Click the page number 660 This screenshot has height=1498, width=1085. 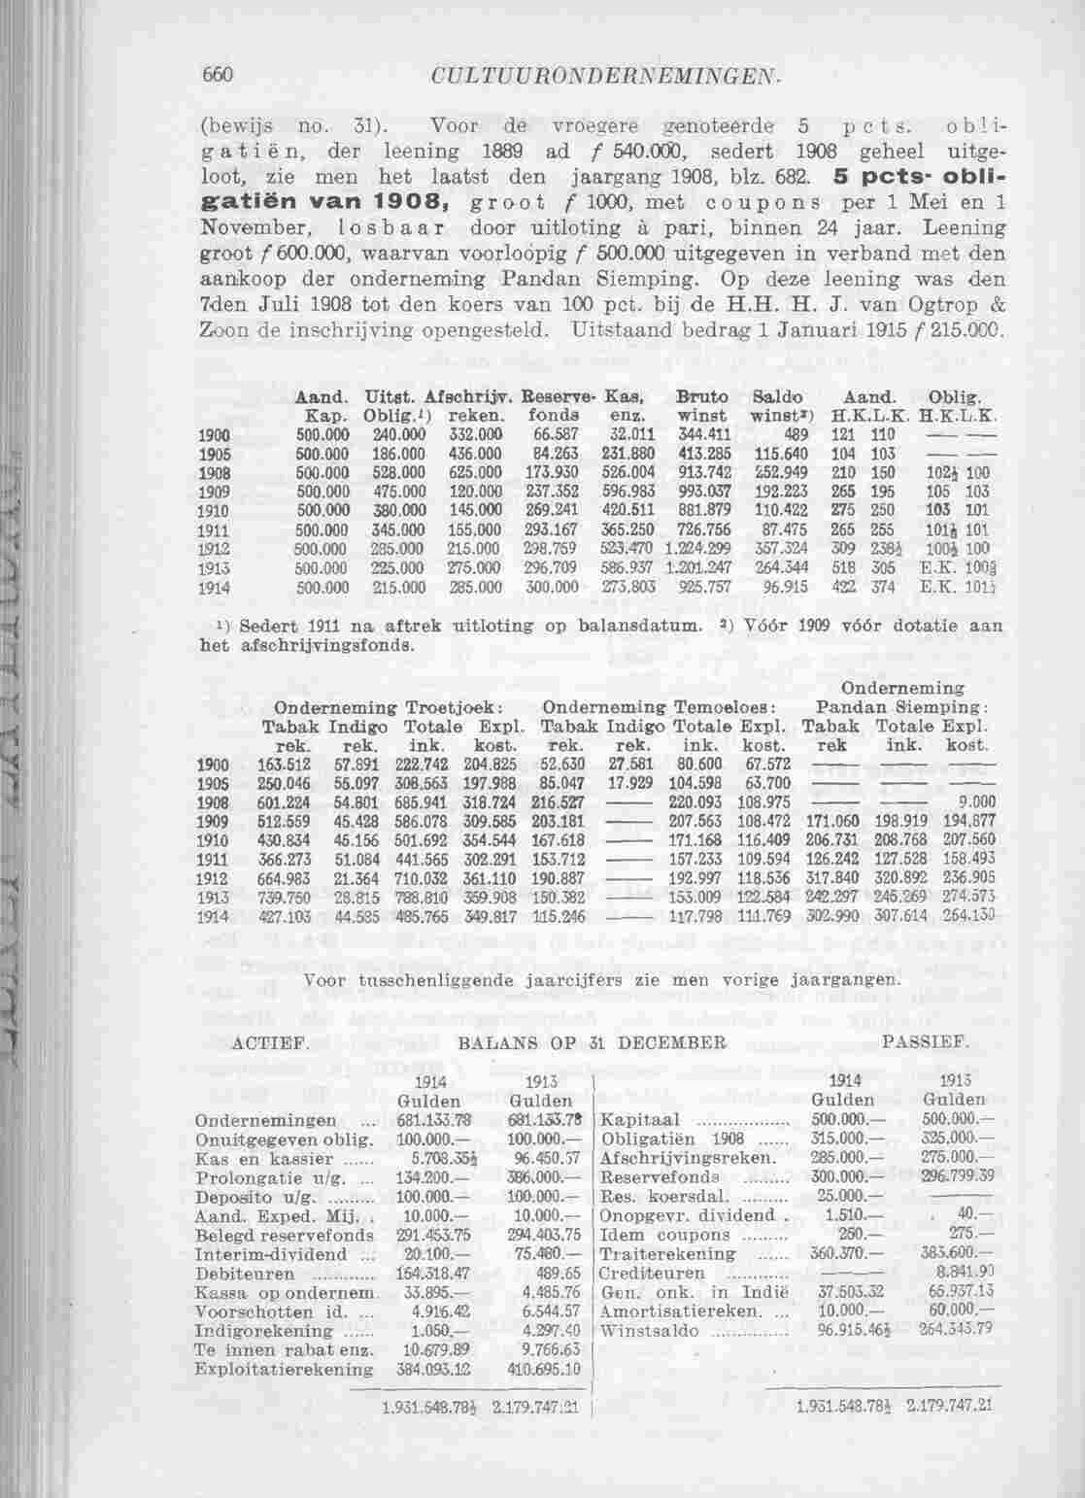tap(215, 74)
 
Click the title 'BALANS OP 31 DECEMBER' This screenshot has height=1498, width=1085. tap(592, 1041)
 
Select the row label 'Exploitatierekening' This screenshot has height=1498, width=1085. tap(284, 1369)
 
